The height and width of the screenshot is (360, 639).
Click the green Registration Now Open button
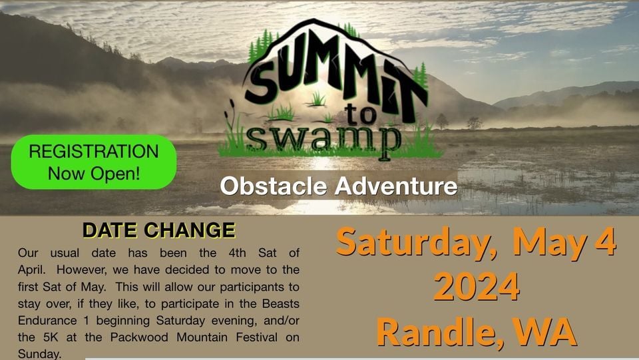click(94, 162)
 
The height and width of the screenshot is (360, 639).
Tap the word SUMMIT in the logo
click(335, 77)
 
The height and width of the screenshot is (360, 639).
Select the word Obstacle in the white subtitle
click(274, 186)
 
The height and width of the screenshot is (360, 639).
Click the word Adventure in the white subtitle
click(395, 186)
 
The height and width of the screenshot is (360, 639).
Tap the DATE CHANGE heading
click(159, 230)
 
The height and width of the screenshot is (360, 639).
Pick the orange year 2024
click(477, 287)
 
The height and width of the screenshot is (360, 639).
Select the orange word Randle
click(439, 332)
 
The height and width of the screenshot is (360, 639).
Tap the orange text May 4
click(564, 243)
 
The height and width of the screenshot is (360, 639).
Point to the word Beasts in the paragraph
click(281, 304)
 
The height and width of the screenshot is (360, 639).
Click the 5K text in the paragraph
click(52, 337)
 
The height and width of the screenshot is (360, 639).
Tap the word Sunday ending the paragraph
click(39, 354)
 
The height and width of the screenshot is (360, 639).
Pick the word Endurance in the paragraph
click(47, 321)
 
